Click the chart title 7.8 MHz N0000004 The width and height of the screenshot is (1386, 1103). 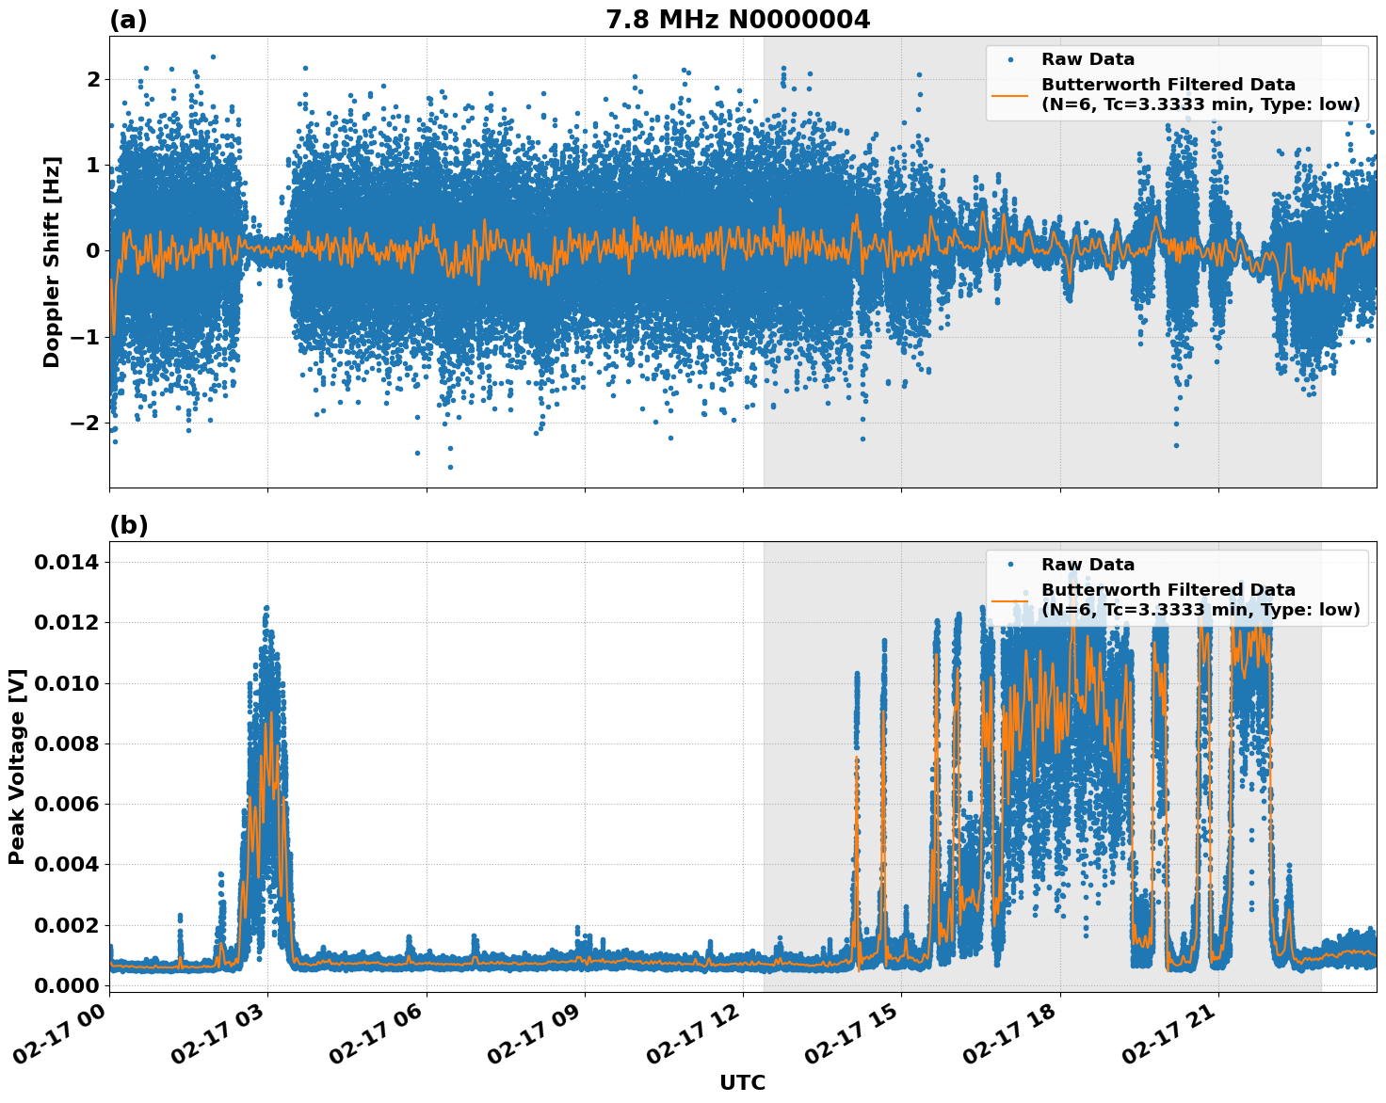[x=737, y=20]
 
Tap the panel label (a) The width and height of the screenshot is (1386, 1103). [x=128, y=20]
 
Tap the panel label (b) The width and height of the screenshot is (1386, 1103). [x=128, y=525]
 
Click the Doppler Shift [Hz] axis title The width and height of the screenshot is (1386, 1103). [x=52, y=262]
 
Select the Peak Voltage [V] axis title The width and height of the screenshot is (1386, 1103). [x=17, y=766]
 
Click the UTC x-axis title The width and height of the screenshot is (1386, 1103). [x=742, y=1082]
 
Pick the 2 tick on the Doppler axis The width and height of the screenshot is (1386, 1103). [x=93, y=79]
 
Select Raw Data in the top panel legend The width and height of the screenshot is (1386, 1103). [x=1088, y=59]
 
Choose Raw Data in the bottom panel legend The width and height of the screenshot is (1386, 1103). [x=1088, y=565]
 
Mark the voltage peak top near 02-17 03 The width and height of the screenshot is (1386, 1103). [x=266, y=608]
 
